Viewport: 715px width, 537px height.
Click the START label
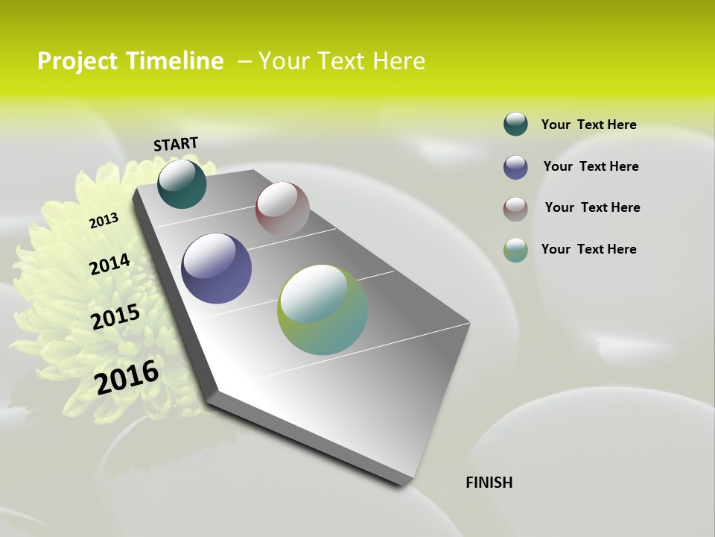click(x=176, y=144)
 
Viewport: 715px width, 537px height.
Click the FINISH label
click(x=489, y=483)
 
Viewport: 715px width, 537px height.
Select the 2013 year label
click(x=104, y=220)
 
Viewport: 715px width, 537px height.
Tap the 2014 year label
click(x=109, y=264)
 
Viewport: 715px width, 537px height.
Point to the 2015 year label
click(x=115, y=317)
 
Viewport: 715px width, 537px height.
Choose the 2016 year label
click(x=127, y=377)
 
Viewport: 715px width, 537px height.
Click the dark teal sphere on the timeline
click(x=182, y=184)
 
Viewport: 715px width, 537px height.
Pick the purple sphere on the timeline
click(x=216, y=268)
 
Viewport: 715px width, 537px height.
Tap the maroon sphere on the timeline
click(x=282, y=209)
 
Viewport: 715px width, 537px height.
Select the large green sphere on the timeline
click(x=322, y=310)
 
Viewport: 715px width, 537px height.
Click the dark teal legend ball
click(x=515, y=124)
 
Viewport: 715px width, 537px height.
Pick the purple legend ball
click(x=515, y=167)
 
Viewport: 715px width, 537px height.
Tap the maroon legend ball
click(x=515, y=209)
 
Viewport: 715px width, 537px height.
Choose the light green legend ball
click(x=515, y=250)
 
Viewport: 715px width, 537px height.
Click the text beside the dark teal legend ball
click(x=588, y=125)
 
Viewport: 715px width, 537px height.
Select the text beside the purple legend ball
click(x=591, y=166)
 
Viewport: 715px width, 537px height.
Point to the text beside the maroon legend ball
click(x=592, y=207)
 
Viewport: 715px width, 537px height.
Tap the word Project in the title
click(x=77, y=61)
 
